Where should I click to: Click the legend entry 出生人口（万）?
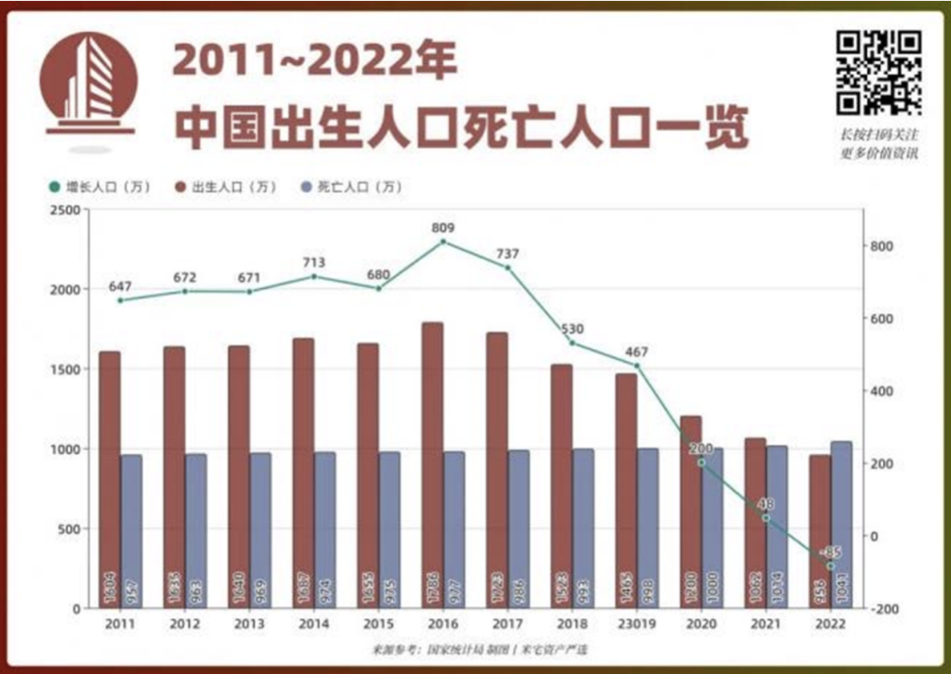(225, 187)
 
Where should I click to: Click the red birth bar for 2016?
(432, 465)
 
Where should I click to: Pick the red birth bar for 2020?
(690, 512)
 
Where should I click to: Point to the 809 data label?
(443, 227)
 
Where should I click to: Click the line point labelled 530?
(572, 343)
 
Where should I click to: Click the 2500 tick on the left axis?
(66, 210)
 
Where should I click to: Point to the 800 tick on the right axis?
(881, 246)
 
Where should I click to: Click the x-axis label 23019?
(636, 624)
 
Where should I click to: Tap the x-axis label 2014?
(314, 624)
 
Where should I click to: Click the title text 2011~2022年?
(315, 62)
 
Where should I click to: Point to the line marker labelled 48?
(766, 518)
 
